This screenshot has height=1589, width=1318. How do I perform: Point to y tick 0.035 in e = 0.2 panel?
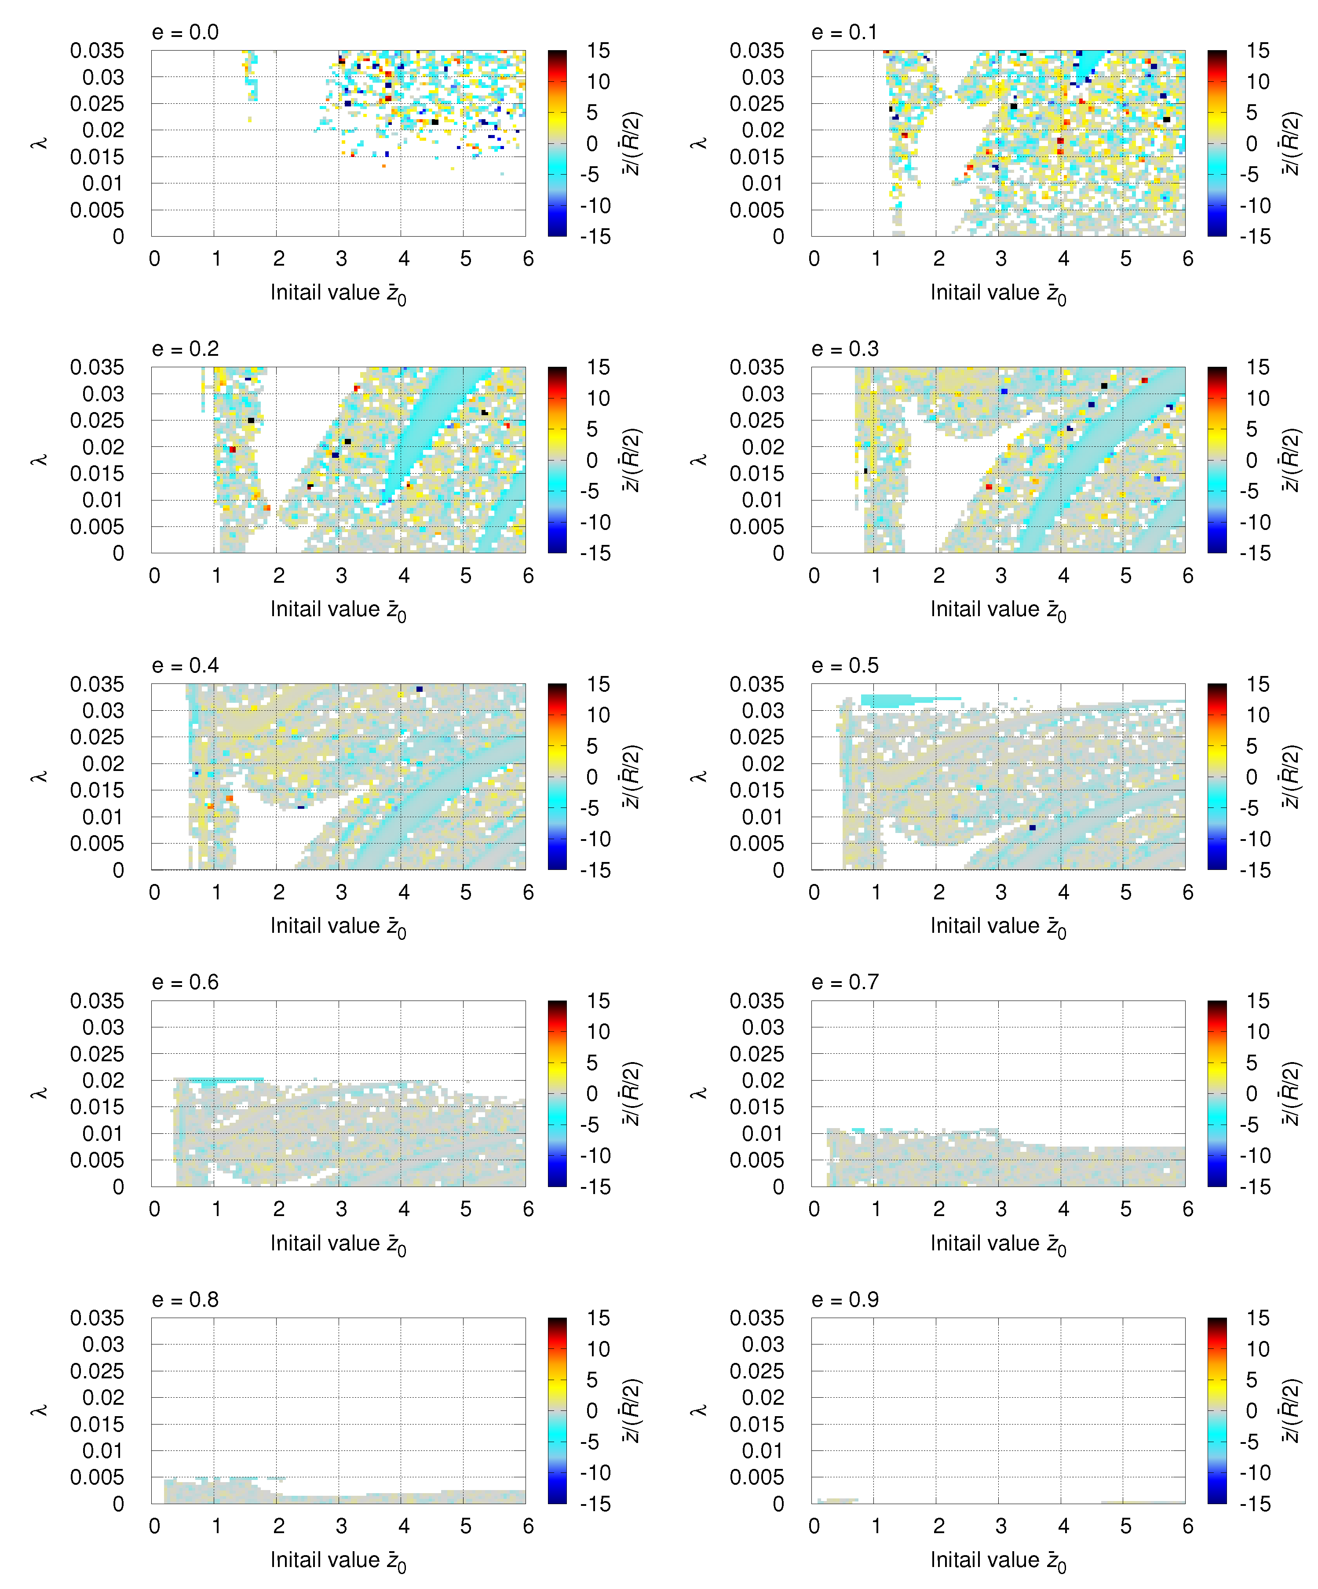tap(97, 368)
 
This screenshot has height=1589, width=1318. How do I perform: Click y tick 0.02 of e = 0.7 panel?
tap(763, 1081)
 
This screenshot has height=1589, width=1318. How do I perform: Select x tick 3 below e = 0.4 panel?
tap(341, 893)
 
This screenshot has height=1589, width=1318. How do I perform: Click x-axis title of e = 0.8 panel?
tap(338, 1560)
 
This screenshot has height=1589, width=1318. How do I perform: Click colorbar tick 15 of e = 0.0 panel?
tap(598, 51)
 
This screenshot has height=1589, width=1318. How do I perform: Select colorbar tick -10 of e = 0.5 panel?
tap(1257, 839)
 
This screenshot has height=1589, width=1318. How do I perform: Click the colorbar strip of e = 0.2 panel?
tap(557, 460)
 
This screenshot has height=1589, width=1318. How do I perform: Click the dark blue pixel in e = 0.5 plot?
tap(1032, 828)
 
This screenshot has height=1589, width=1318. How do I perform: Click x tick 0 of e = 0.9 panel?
tap(814, 1526)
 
